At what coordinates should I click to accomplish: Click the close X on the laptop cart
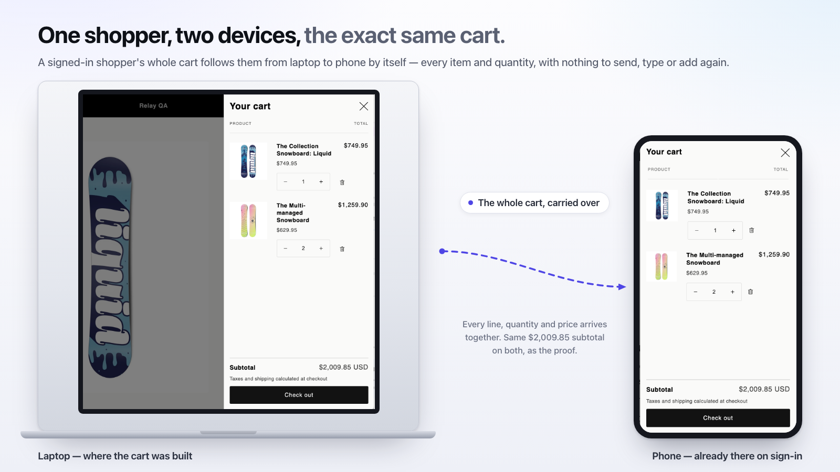pos(363,106)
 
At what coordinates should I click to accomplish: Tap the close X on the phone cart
pos(785,153)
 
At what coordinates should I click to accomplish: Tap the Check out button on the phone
pos(718,417)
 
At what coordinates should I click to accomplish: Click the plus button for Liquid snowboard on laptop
pos(321,181)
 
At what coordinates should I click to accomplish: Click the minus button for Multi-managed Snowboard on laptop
pos(286,249)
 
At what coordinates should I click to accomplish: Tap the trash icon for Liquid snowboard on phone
pos(751,230)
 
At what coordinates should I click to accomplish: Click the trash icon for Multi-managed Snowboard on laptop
pos(342,249)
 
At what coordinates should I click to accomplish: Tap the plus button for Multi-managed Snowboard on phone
pos(732,292)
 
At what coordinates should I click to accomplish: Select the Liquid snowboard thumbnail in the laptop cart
pos(248,161)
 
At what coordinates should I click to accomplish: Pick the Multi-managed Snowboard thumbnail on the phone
pos(661,266)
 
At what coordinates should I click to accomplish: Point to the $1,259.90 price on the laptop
pos(353,205)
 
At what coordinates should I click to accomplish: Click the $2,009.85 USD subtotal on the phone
pos(764,389)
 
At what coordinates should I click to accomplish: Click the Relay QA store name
pos(153,105)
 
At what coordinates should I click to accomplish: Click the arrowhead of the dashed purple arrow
pos(622,287)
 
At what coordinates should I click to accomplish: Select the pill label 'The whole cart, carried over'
pos(534,202)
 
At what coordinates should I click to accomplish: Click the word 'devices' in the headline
pos(259,36)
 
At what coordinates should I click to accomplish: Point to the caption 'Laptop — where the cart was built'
pos(115,456)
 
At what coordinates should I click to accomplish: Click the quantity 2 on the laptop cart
pos(303,249)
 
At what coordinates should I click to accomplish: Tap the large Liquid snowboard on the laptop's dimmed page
pos(110,267)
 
